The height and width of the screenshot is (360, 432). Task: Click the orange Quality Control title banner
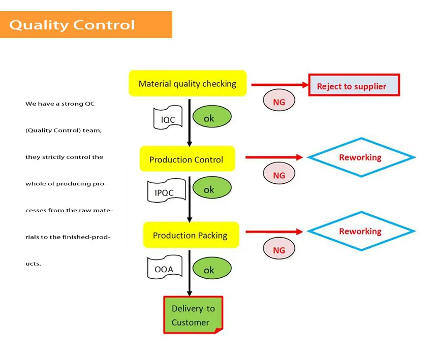tap(86, 25)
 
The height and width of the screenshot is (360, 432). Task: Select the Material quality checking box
tap(188, 84)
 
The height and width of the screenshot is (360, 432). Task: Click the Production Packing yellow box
tap(191, 235)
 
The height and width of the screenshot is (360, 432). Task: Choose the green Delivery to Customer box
tap(193, 315)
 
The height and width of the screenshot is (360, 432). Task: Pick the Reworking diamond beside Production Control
tap(360, 157)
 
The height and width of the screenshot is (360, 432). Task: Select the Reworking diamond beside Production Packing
tap(360, 231)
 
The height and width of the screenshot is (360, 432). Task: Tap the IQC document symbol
tap(168, 119)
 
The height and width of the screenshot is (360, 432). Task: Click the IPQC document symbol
tap(164, 192)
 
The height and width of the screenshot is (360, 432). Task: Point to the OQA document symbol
tap(164, 269)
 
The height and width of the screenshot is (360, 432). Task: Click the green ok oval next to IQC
tap(211, 118)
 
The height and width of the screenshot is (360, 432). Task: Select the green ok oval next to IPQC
tap(211, 189)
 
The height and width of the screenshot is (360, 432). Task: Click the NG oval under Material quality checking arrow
tap(279, 101)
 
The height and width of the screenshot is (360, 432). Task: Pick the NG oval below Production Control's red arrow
tap(279, 175)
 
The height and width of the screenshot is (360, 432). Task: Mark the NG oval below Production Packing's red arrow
tap(279, 249)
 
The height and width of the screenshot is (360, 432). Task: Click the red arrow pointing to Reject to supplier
tap(280, 85)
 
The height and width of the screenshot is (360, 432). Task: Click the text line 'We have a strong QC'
tap(60, 104)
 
